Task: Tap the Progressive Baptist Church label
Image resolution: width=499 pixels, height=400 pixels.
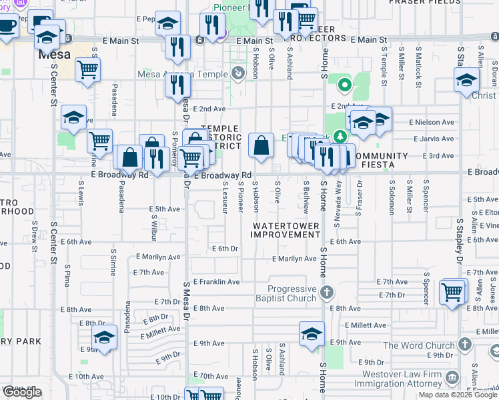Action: pyautogui.click(x=292, y=293)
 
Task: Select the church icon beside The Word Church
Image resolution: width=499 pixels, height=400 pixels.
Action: pyautogui.click(x=465, y=345)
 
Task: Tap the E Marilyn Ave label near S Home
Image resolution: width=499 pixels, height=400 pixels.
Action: pyautogui.click(x=294, y=259)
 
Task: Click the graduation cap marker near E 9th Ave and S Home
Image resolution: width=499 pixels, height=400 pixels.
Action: pyautogui.click(x=312, y=333)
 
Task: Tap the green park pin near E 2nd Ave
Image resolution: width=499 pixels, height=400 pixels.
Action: pyautogui.click(x=344, y=85)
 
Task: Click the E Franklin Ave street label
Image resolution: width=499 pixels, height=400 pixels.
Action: pyautogui.click(x=215, y=282)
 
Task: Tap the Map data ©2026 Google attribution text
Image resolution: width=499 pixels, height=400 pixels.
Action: pyautogui.click(x=457, y=395)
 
